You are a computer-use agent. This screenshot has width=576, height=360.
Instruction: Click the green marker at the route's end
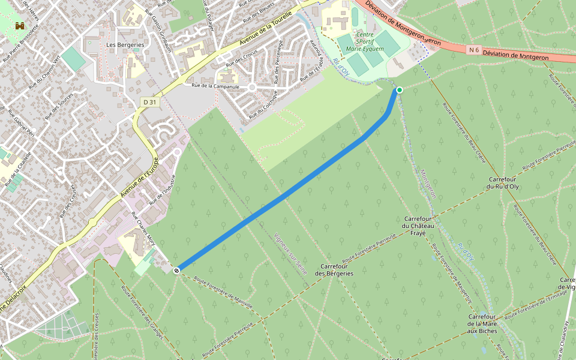tap(399, 90)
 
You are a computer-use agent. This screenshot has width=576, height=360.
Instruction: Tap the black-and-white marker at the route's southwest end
tap(177, 271)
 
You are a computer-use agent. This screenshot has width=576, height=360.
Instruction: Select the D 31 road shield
tap(150, 103)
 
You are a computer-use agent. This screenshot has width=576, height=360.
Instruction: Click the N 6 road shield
tap(475, 50)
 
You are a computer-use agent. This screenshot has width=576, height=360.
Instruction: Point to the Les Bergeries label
tap(125, 45)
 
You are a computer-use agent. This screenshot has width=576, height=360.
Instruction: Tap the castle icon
tap(20, 26)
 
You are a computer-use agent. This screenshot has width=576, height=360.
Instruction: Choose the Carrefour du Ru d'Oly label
tap(504, 183)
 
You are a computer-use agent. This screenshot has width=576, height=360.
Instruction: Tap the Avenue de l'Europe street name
tap(139, 178)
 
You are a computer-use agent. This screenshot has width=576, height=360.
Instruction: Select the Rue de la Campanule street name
tap(215, 86)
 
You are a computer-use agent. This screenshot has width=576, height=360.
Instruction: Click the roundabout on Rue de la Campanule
tap(253, 87)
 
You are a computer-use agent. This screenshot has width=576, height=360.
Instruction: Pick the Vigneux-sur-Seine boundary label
tap(290, 254)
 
